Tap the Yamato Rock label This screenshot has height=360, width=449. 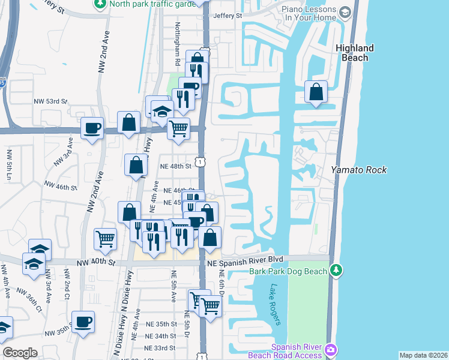point(359,170)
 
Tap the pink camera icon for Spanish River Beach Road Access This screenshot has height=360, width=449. point(331,349)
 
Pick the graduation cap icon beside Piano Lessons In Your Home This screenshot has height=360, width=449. point(345,12)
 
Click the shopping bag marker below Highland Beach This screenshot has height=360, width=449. point(316,92)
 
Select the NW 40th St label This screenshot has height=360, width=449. point(94,262)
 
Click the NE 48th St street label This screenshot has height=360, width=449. point(175,166)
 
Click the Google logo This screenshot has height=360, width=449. point(20,353)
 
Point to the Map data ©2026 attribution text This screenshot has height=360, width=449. point(423,355)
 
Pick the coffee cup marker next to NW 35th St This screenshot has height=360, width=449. point(83,322)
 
